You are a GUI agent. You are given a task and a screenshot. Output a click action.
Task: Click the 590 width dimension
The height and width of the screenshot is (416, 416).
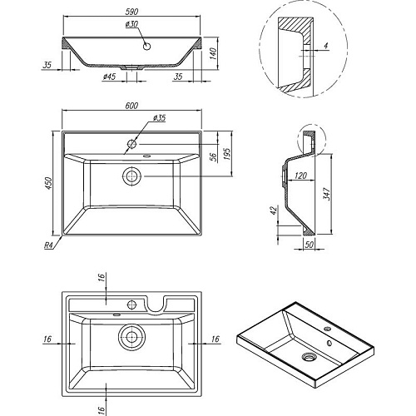pos(131,12)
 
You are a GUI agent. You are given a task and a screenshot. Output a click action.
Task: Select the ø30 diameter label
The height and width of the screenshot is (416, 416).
pos(131,24)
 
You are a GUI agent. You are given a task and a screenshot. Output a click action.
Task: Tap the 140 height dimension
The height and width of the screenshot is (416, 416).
pos(213,55)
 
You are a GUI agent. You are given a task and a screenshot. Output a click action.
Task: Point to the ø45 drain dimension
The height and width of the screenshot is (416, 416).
pos(109,77)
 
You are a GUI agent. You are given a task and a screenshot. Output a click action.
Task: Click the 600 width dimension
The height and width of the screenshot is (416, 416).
pos(131,106)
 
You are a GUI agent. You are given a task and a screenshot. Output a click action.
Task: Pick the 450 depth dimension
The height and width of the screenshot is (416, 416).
pos(48,183)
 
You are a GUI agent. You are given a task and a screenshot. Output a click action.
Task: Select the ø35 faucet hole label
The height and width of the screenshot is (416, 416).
pos(159,118)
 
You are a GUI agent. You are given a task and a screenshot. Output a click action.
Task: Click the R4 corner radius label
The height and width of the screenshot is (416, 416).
pos(48,245)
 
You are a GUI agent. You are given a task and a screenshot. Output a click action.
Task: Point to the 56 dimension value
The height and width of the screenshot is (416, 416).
pos(213,157)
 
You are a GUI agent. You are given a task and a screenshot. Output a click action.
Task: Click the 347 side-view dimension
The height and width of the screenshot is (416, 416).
pos(326,194)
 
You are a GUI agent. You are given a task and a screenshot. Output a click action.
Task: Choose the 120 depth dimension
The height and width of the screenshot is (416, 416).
pos(300,176)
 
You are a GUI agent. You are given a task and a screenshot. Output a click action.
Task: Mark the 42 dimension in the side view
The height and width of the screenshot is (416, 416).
pos(274,210)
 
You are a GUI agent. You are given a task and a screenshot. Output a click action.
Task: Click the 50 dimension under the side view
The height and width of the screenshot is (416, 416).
pos(309,245)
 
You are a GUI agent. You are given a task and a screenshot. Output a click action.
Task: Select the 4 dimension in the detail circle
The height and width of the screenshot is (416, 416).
pos(326,45)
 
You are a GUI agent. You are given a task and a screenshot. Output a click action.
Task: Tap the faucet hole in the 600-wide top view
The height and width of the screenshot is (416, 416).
pos(131,144)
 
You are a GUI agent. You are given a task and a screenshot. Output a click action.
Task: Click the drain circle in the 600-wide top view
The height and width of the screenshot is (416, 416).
pos(131,176)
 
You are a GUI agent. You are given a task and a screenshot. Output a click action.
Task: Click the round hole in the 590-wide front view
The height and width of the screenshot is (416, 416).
pos(146,47)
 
